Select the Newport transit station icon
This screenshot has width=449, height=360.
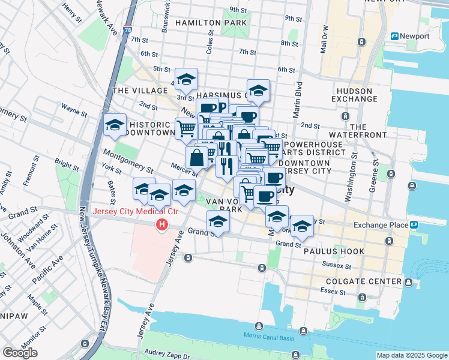394,36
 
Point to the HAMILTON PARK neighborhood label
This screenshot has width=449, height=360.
211,23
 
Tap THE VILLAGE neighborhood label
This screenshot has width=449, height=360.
134,91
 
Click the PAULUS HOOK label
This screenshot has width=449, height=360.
328,251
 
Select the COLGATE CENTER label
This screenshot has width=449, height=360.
364,281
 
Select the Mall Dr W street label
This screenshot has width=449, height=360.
325,37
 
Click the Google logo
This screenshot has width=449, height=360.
20,353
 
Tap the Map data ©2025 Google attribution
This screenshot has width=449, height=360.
412,355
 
